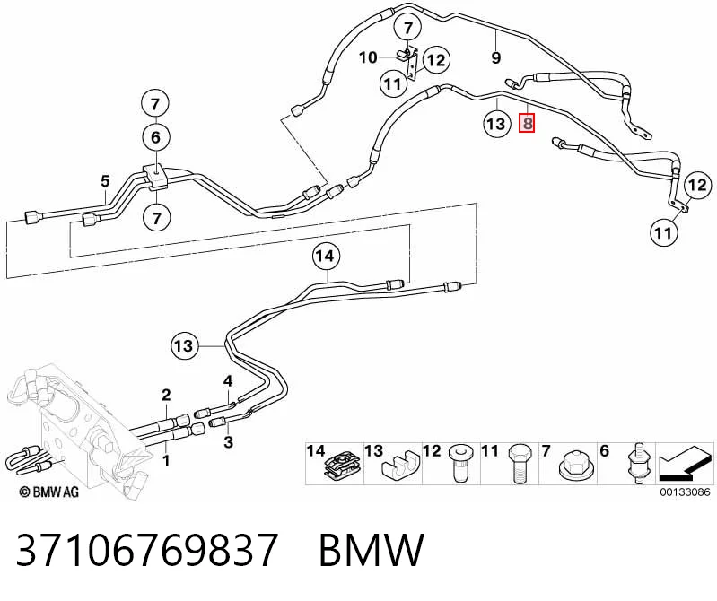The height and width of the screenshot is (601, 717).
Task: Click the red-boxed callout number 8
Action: [x=527, y=124]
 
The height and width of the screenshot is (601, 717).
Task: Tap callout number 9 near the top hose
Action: [x=496, y=58]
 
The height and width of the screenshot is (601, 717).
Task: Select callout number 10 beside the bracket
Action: [x=368, y=57]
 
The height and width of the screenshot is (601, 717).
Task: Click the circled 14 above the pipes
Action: [x=326, y=256]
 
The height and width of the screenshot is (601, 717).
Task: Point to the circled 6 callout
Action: [x=155, y=137]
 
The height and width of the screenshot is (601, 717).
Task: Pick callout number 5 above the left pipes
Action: [x=105, y=181]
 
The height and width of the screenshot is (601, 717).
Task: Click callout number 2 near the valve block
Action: [x=166, y=395]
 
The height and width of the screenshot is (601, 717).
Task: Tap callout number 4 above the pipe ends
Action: [x=228, y=380]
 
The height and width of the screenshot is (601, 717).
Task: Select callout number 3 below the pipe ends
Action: [x=228, y=442]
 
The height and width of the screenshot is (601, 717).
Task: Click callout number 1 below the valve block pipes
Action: [x=166, y=461]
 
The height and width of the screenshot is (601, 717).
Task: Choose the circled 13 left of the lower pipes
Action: [x=184, y=346]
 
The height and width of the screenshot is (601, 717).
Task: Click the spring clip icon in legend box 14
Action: [x=343, y=467]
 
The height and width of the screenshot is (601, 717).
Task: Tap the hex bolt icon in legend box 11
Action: [x=519, y=464]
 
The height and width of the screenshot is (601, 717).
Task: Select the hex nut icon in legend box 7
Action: [x=573, y=466]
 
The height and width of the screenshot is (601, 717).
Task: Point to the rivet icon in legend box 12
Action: [x=459, y=463]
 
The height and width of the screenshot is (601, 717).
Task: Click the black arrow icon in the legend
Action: [x=685, y=463]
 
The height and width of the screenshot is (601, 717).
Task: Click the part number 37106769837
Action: [x=147, y=549]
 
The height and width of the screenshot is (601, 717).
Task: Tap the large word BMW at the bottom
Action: [x=372, y=549]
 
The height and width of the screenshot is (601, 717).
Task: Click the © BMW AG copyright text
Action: [x=49, y=492]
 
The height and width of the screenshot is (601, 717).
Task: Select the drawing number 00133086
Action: [x=685, y=492]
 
